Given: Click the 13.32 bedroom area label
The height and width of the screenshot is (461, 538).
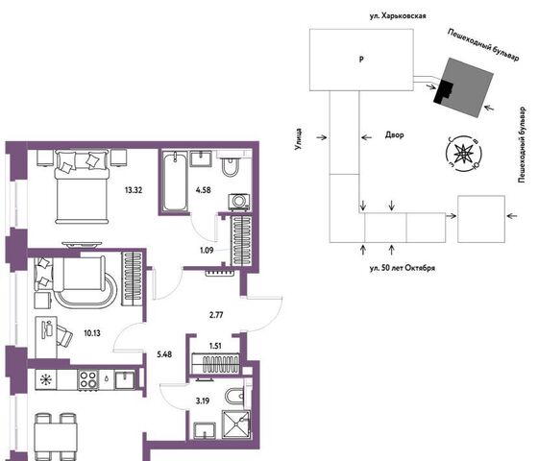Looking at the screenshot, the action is (x=134, y=190).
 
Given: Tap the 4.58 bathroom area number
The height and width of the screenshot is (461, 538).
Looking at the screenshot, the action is (x=203, y=190).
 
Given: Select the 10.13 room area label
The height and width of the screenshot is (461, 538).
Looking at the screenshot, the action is (x=92, y=332).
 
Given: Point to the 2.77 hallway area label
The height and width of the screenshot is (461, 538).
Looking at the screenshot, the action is (x=216, y=315).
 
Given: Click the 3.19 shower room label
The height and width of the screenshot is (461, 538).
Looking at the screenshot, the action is (x=203, y=400).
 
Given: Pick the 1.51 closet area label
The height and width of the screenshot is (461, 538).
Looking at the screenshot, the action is (x=215, y=346).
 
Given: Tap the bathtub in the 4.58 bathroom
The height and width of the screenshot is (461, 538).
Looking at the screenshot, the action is (x=175, y=182).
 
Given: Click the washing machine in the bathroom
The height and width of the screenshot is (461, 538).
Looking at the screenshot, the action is (x=239, y=202).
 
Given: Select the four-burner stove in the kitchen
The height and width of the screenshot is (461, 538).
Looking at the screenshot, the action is (x=87, y=379).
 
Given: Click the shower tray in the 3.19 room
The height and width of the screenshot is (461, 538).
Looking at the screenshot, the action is (x=236, y=425).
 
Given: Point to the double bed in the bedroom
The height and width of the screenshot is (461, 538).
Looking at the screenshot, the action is (x=82, y=187).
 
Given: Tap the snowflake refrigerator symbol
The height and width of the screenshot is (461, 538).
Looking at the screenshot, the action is (x=45, y=379).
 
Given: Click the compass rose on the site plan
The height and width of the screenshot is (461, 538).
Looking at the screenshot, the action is (x=463, y=153).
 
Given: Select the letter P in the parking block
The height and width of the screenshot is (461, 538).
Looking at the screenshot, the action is (x=361, y=60).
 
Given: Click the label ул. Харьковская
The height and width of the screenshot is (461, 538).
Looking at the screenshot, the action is (x=398, y=15).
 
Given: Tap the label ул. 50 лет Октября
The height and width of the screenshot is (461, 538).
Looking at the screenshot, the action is (x=403, y=268).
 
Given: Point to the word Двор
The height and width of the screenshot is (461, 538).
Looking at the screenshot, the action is (x=394, y=134).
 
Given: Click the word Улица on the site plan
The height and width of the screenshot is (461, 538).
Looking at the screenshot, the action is (x=299, y=139).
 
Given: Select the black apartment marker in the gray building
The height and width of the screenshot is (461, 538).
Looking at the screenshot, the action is (x=443, y=91).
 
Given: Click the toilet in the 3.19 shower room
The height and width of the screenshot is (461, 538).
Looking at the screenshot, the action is (x=234, y=396).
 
